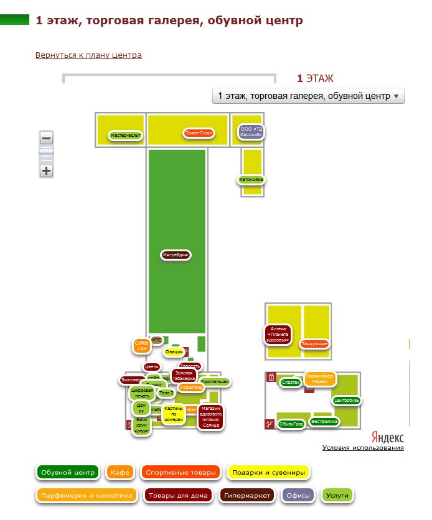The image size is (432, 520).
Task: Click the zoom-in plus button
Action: pos(46,171)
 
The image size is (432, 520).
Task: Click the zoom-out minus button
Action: pos(46,138)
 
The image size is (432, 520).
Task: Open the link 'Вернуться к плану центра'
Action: pos(89,55)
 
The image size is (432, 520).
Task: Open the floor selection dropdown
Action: pos(308,96)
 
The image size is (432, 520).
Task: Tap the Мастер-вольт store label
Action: pos(126,135)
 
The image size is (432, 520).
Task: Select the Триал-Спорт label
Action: pos(199,132)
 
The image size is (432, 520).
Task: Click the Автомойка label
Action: pos(252,180)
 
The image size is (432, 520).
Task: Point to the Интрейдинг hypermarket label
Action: pos(176,255)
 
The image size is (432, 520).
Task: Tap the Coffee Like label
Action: pos(142,346)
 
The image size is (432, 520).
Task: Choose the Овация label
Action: pos(174,352)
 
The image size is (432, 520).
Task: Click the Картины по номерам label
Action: pos(174,414)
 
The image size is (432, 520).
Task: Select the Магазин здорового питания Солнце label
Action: pos(211,417)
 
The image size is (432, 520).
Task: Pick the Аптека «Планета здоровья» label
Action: pos(278,334)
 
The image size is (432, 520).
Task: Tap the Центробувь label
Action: pos(346,400)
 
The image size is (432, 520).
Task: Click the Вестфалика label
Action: pos(324,421)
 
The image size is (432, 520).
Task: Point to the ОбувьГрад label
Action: pos(291,424)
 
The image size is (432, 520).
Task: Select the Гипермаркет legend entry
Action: pos(248,496)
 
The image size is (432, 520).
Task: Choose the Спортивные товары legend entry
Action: pos(181,473)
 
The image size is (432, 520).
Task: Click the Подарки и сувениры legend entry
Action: pos(269,473)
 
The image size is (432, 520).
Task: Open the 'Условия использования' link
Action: pos(363,448)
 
